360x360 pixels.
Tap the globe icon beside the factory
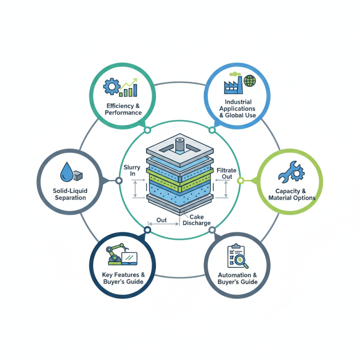click(x=249, y=81)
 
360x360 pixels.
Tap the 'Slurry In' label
click(x=132, y=171)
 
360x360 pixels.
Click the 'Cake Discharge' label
click(x=197, y=220)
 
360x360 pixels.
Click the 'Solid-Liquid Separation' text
click(x=70, y=194)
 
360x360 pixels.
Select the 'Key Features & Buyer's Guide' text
click(x=123, y=278)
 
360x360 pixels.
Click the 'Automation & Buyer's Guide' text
click(x=237, y=278)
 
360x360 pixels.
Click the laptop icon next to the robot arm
click(x=130, y=258)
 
